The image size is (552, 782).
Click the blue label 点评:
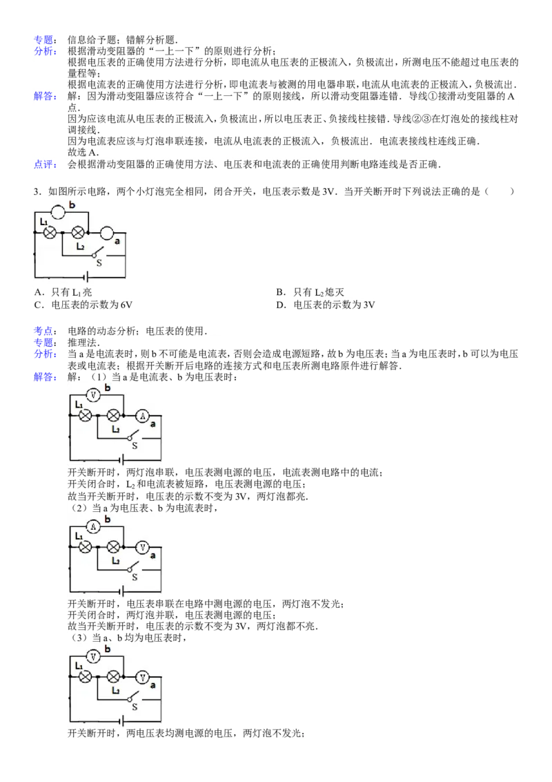tap(46, 164)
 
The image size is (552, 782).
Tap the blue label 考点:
tap(46, 331)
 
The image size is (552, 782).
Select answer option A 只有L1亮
tap(63, 292)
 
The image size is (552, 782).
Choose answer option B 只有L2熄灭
tap(310, 292)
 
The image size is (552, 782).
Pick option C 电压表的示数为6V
tap(83, 305)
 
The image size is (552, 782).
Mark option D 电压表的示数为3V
tap(325, 305)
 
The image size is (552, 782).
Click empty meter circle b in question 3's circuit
tap(58, 213)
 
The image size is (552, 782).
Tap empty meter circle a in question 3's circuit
tap(107, 233)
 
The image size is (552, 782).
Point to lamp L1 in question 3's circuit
tap(50, 232)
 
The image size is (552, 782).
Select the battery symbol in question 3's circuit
tap(86, 277)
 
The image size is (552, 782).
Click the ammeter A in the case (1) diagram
tap(143, 415)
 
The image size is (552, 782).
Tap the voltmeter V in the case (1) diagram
tap(93, 395)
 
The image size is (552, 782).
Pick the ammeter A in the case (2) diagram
tap(93, 526)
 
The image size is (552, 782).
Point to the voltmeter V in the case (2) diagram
tap(143, 547)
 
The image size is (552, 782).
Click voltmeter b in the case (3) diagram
tap(93, 657)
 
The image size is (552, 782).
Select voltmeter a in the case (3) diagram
tap(143, 677)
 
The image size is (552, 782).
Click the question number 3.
tap(37, 191)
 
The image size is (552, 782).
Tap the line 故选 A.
tap(83, 153)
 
